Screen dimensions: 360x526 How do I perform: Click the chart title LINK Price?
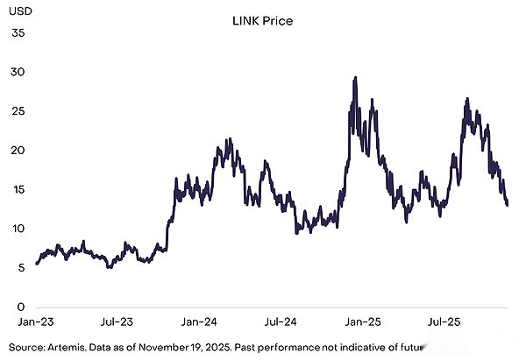pos(263,19)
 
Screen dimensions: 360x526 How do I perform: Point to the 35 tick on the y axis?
pos(18,32)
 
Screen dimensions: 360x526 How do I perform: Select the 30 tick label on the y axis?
pos(18,72)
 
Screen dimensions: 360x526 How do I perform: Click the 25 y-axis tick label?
pos(18,111)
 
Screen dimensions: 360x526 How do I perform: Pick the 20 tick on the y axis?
pos(18,151)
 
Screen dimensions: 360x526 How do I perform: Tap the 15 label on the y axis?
pos(18,190)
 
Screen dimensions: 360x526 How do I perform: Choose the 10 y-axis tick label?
pos(18,229)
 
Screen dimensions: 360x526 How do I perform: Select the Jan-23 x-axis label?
pos(36,322)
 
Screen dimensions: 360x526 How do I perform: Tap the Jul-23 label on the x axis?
pos(116,322)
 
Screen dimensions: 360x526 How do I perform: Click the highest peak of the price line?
pos(354,77)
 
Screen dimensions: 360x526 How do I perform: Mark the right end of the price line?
pos(508,205)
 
